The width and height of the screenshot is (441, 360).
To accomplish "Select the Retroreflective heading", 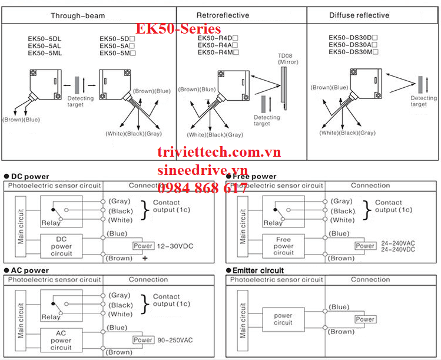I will pyautogui.click(x=222, y=15).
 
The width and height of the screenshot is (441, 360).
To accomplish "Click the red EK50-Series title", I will pyautogui.click(x=178, y=29).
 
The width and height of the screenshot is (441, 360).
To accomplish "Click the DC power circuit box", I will pyautogui.click(x=61, y=246).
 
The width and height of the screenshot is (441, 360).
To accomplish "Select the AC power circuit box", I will pyautogui.click(x=61, y=340).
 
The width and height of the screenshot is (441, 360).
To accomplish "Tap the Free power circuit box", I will pyautogui.click(x=283, y=246).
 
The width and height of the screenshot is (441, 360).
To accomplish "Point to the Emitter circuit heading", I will pyautogui.click(x=258, y=270).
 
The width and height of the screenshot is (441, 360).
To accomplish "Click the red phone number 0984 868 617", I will pyautogui.click(x=203, y=188).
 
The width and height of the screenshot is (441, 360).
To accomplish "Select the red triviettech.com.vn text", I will pyautogui.click(x=219, y=153).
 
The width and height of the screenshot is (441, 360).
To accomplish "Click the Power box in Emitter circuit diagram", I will pyautogui.click(x=365, y=319).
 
